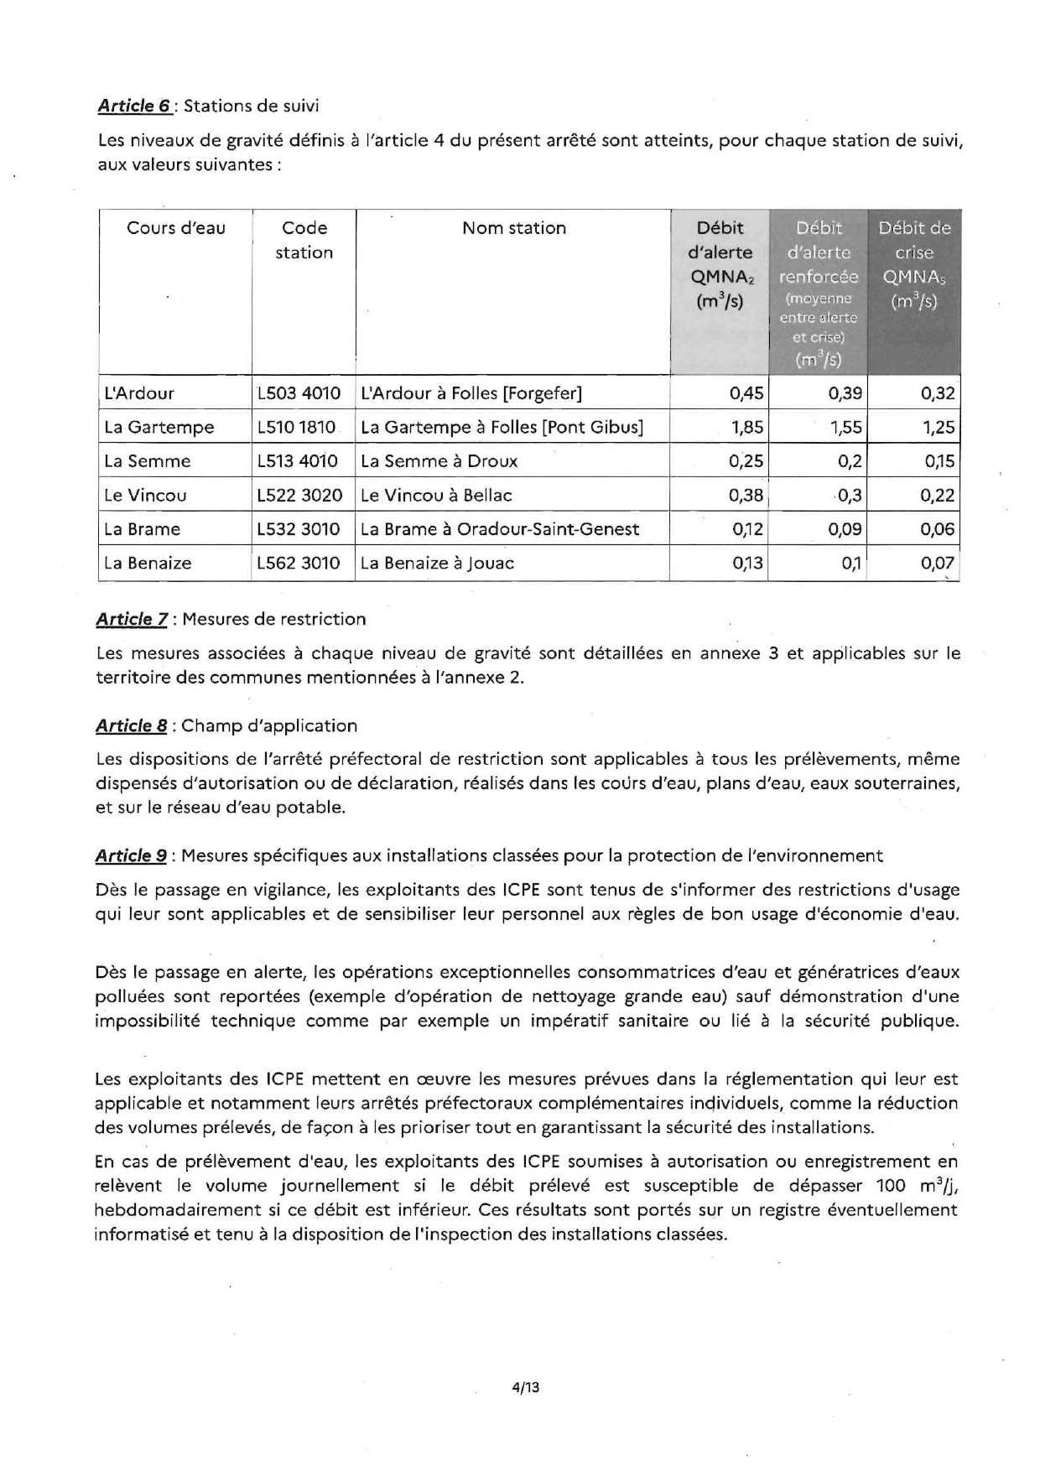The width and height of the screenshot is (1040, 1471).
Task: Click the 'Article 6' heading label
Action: click(135, 106)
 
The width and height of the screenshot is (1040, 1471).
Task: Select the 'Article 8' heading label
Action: click(131, 725)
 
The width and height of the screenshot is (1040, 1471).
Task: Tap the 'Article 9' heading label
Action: click(131, 855)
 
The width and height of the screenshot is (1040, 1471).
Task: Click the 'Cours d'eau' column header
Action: click(176, 228)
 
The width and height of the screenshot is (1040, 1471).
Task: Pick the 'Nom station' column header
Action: click(513, 228)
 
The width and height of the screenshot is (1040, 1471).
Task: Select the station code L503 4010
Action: click(299, 393)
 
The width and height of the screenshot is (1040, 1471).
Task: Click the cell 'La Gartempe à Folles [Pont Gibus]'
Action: click(502, 428)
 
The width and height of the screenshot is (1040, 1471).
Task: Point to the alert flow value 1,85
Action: click(747, 428)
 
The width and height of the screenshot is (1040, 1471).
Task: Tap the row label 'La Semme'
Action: click(148, 461)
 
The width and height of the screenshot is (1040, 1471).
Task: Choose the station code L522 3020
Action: click(299, 496)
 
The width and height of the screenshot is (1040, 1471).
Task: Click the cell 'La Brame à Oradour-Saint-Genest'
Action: click(500, 529)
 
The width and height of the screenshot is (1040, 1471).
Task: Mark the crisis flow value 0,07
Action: click(937, 564)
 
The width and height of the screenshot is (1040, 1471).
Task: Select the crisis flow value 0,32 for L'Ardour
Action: click(937, 393)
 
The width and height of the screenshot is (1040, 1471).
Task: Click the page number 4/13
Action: click(526, 1387)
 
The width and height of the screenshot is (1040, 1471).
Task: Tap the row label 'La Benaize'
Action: click(148, 564)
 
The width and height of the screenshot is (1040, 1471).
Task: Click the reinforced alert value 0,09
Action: click(845, 529)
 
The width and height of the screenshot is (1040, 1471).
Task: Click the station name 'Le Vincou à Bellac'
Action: click(436, 496)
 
